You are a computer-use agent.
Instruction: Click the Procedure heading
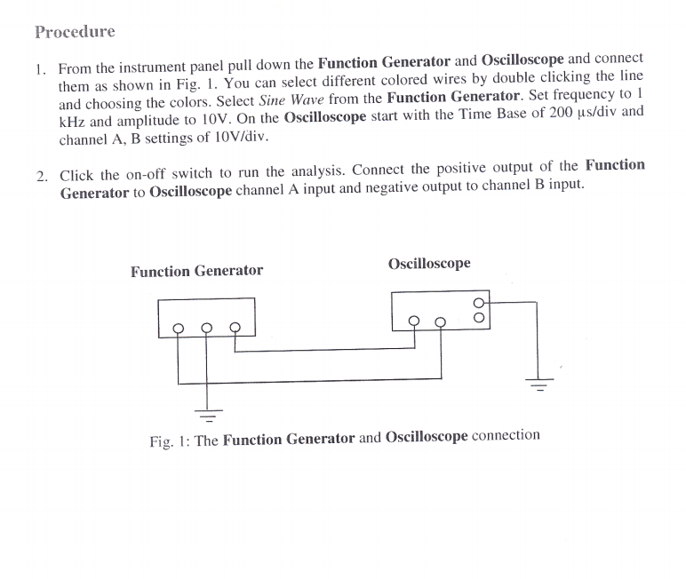click(x=75, y=33)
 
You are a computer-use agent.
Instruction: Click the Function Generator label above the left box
click(x=196, y=271)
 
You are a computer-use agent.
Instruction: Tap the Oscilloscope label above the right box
click(x=429, y=264)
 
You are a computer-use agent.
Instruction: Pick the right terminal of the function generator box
click(x=235, y=326)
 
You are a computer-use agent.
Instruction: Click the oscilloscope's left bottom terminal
click(x=413, y=321)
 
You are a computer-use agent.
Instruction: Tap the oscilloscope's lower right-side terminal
click(x=480, y=316)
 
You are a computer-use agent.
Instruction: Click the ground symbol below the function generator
click(x=208, y=412)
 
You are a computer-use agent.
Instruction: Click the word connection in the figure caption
click(x=506, y=436)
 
